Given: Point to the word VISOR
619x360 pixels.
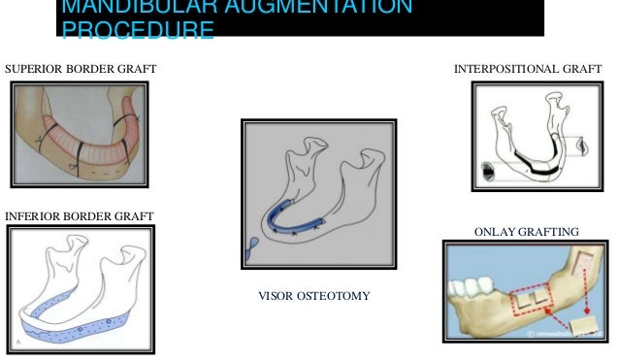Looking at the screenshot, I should coord(276,293).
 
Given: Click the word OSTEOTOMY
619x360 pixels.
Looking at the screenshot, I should coord(335,293).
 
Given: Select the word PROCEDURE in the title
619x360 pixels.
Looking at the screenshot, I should coord(137,32).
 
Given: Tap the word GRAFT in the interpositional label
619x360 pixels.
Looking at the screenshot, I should coord(580,70).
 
